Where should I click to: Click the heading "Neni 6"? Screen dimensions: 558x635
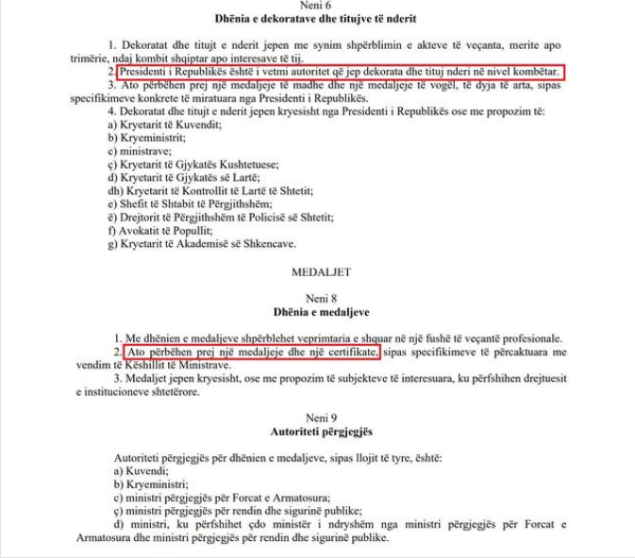point(318,6)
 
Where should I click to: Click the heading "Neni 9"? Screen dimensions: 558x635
point(318,416)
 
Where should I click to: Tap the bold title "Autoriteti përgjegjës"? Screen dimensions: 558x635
point(318,431)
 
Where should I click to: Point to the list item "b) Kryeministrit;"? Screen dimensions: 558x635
point(142,137)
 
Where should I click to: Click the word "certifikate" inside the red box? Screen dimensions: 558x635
point(347,352)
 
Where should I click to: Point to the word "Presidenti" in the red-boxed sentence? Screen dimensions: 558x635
point(149,72)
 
